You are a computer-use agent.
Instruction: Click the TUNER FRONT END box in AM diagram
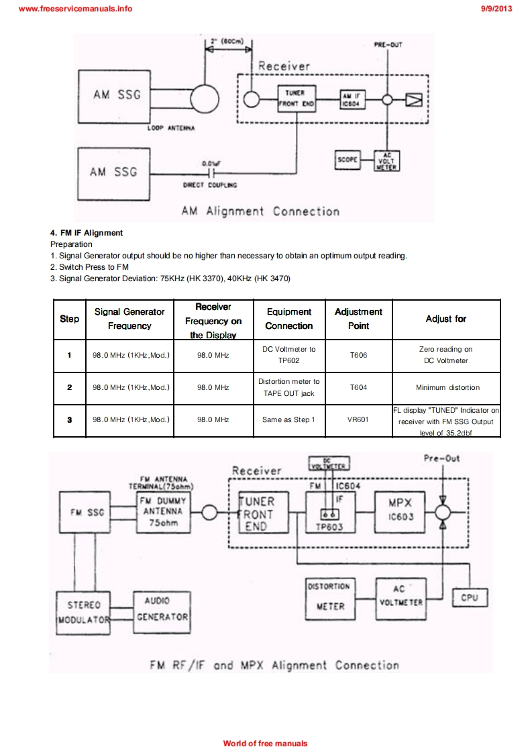click(x=295, y=99)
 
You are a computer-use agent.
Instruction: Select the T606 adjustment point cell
click(x=358, y=355)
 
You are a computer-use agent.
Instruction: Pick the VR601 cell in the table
click(x=358, y=419)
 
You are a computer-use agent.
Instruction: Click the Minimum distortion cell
click(x=447, y=387)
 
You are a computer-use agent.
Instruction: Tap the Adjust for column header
click(x=446, y=319)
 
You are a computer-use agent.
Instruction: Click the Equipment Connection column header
click(x=288, y=319)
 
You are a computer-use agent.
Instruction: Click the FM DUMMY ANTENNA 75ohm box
click(x=162, y=512)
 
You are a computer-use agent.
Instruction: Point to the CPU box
click(x=469, y=597)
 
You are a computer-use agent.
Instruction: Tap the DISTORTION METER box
click(x=329, y=596)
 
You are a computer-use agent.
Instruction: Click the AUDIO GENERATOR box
click(x=162, y=608)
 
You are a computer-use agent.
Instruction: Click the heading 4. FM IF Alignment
click(x=87, y=233)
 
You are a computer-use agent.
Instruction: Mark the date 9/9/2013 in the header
click(x=496, y=9)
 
